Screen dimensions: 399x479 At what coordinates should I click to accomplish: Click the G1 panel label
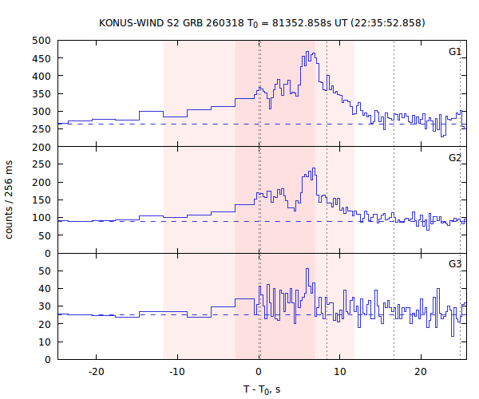(454, 52)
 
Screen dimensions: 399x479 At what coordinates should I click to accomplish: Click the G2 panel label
(454, 158)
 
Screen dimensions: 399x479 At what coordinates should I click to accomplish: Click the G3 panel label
(454, 264)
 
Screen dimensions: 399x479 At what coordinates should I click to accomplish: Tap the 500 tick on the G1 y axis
(42, 40)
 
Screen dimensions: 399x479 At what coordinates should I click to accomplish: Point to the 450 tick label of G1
(42, 57)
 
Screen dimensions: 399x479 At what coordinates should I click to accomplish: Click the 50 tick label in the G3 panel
(45, 271)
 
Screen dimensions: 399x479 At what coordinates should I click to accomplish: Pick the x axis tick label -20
(97, 373)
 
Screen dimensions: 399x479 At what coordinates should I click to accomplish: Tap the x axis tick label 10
(340, 373)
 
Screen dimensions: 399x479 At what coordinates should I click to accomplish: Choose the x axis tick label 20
(421, 373)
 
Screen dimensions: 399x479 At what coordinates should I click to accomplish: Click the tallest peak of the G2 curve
(315, 168)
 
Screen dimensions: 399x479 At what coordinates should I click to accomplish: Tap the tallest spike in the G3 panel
(307, 270)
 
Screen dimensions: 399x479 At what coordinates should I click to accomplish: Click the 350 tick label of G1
(42, 93)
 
